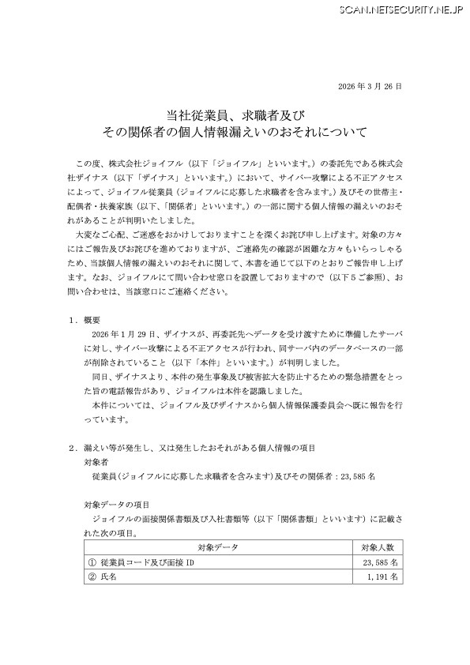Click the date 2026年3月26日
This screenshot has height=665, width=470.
(x=369, y=85)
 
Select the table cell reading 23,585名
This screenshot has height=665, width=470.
(x=384, y=562)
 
